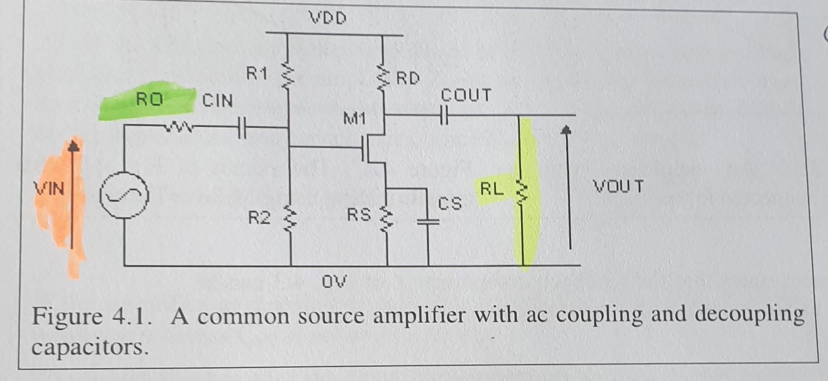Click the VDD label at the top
pyautogui.click(x=328, y=18)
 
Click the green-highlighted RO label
pyautogui.click(x=149, y=99)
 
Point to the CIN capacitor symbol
pyautogui.click(x=242, y=127)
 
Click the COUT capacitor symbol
pyautogui.click(x=443, y=115)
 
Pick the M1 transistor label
pyautogui.click(x=354, y=119)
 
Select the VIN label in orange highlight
pyautogui.click(x=50, y=188)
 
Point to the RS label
pyautogui.click(x=358, y=214)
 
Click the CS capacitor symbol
pyautogui.click(x=428, y=222)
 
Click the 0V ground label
pyautogui.click(x=334, y=281)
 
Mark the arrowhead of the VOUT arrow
pyautogui.click(x=568, y=130)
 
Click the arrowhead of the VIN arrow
pyautogui.click(x=73, y=146)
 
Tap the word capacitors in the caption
pyautogui.click(x=90, y=347)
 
